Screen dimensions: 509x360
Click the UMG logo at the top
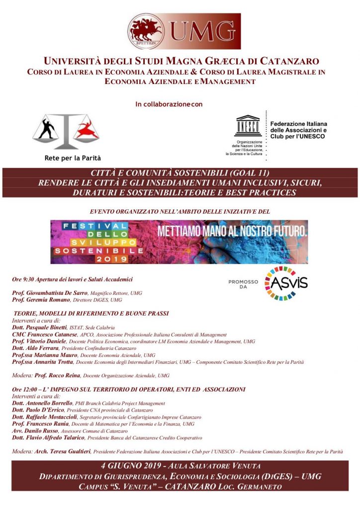tap(183, 31)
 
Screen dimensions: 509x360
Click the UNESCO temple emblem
tap(248, 126)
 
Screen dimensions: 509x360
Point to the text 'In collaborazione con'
tap(169, 104)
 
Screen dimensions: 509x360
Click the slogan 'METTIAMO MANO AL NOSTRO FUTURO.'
tap(232, 231)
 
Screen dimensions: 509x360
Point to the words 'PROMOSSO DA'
tap(243, 284)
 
